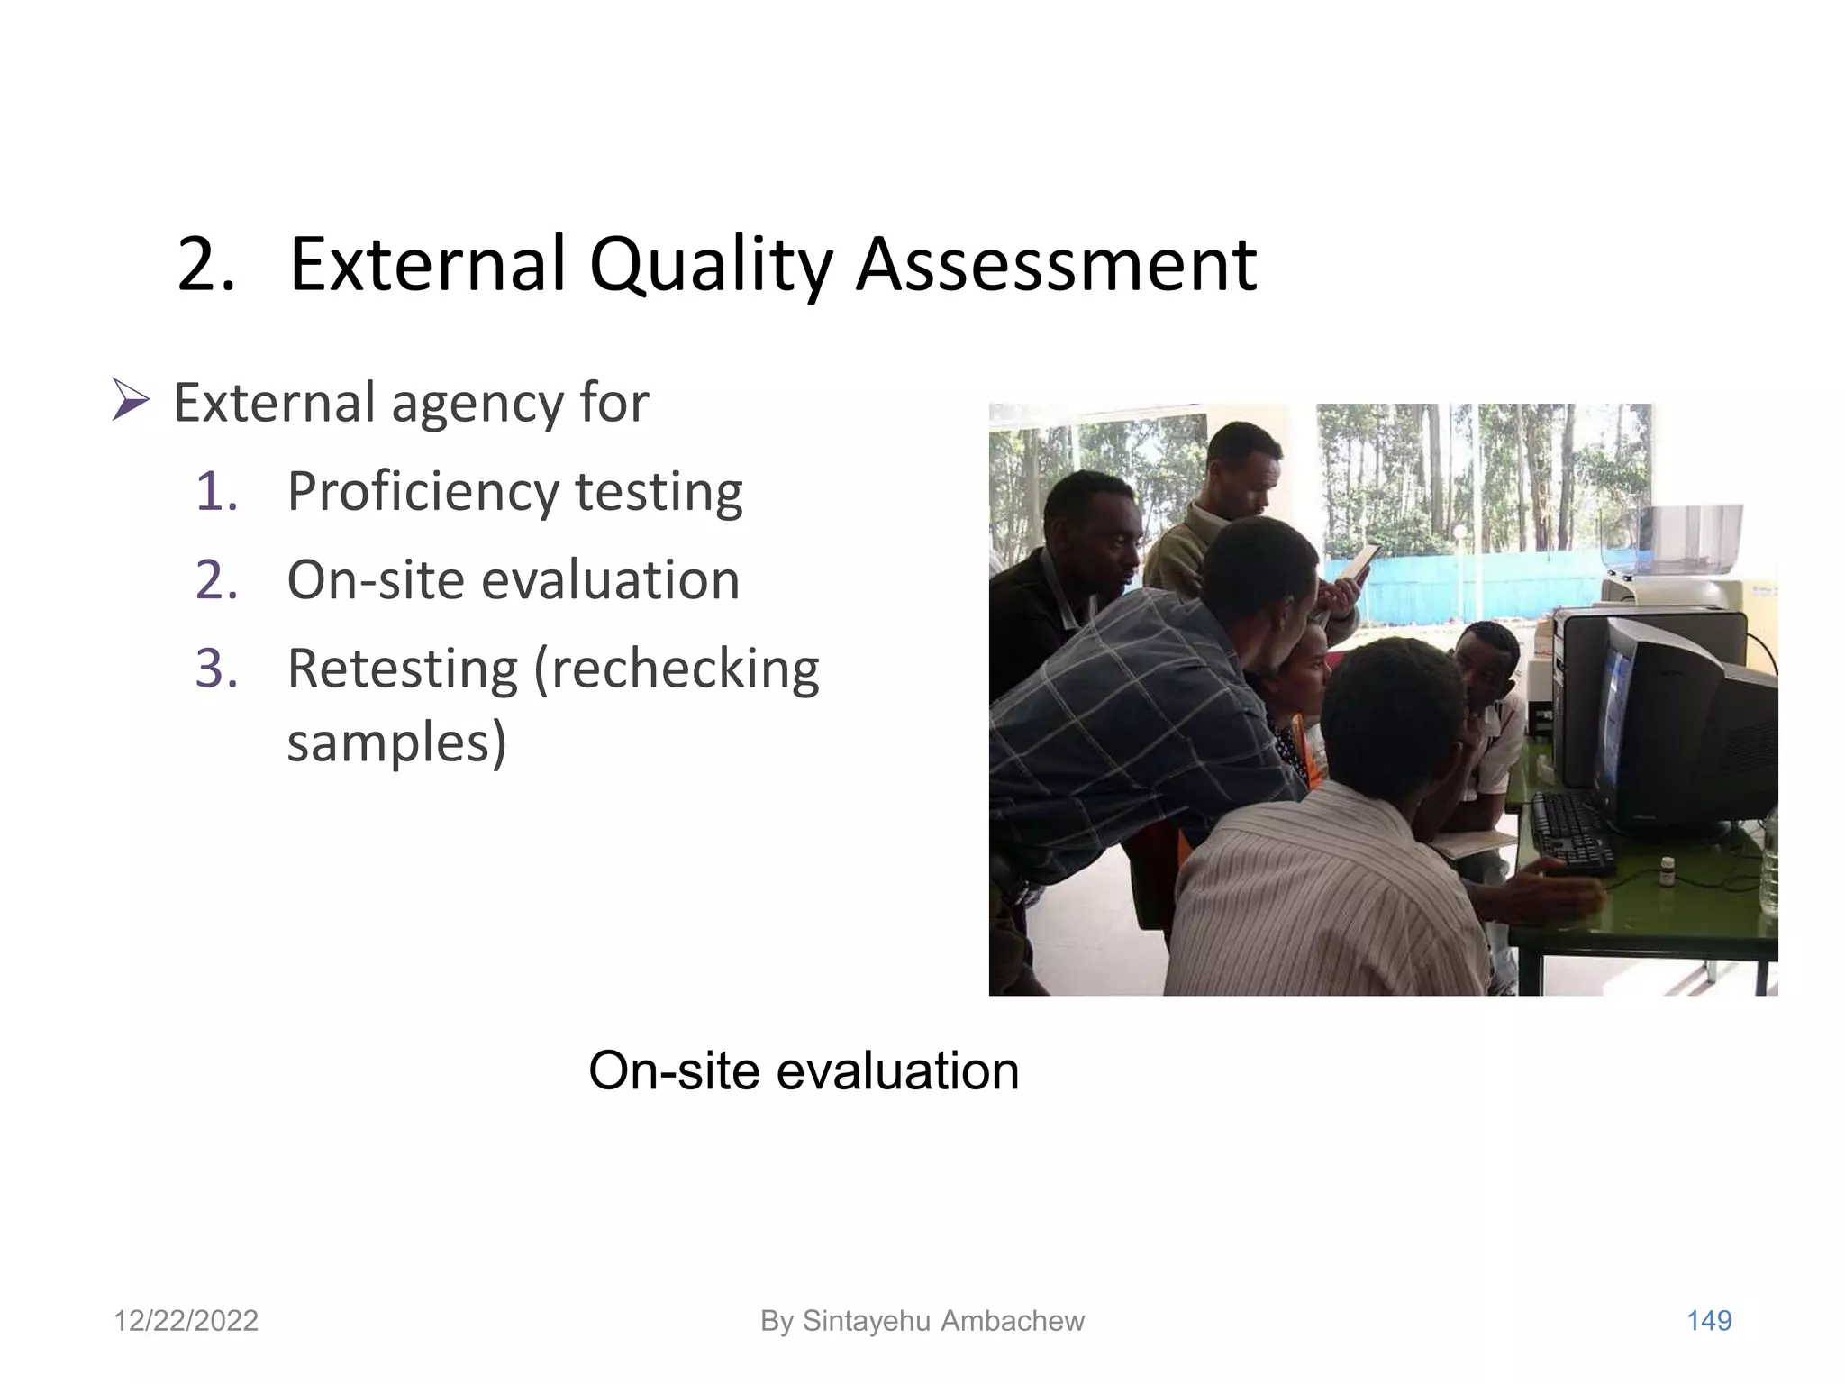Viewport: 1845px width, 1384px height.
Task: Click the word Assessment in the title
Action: [1055, 266]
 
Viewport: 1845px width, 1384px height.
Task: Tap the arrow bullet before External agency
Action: [131, 401]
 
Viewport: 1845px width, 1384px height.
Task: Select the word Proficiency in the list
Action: [423, 494]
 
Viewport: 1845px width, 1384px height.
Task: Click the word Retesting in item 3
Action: [402, 669]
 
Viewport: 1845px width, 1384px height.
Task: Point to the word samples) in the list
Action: [396, 743]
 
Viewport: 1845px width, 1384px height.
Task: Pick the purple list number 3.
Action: [216, 669]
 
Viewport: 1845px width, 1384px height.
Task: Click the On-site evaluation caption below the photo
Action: [803, 1071]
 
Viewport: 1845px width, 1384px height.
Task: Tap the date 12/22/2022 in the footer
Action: [186, 1321]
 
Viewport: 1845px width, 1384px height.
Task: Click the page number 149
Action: [1708, 1321]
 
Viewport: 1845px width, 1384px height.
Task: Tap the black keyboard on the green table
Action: [1572, 833]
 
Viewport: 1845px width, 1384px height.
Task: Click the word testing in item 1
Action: [659, 492]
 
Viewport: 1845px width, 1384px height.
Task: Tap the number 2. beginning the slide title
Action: [205, 266]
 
